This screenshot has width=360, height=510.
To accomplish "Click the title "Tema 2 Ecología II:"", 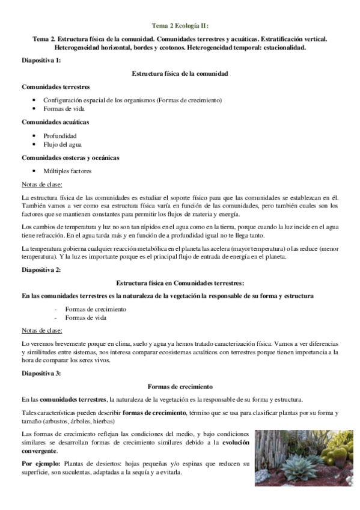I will coord(180,25).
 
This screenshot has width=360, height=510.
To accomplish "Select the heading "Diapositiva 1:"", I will coord(40,61).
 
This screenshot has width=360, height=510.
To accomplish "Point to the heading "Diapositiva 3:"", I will coord(40,374).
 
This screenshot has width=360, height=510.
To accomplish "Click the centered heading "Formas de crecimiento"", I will coord(180,387).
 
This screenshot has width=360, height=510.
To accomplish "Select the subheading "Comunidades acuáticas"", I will coord(55,122).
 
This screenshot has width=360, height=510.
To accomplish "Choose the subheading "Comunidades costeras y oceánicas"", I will coord(70,158).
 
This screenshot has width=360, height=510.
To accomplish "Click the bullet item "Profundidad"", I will coord(60,135).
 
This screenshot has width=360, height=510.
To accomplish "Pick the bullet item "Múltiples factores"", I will coord(67,171).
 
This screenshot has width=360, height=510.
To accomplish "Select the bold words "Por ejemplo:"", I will coord(39,464).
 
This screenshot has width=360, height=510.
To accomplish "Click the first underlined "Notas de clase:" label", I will coord(41,184).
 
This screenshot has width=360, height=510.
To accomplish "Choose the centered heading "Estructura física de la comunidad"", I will coord(180,73).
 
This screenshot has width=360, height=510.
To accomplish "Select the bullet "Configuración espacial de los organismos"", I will coord(132,100).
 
